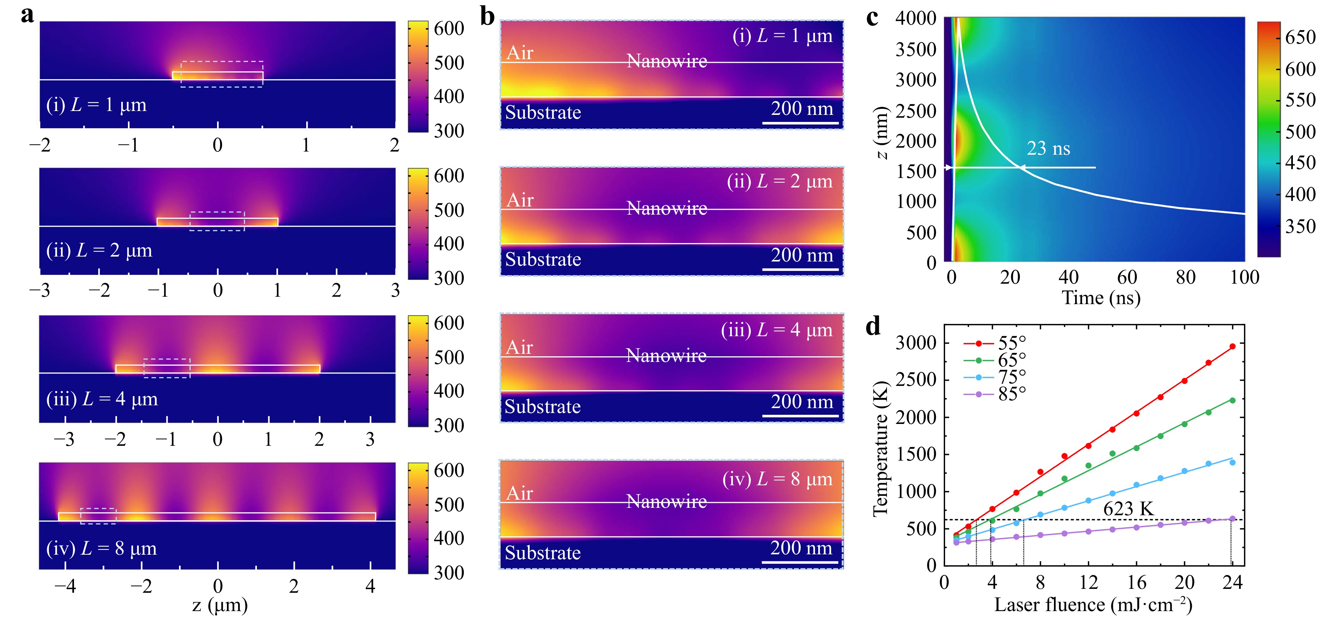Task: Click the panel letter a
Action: click(27, 16)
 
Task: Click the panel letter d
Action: click(873, 327)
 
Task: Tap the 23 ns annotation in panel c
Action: click(1048, 149)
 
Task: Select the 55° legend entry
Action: click(1011, 343)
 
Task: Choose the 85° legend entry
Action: click(1011, 394)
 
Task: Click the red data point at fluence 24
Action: click(1232, 346)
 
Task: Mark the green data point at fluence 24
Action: click(1232, 400)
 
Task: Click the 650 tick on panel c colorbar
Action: click(1300, 37)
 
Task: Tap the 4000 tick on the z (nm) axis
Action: click(916, 19)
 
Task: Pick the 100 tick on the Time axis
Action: click(1244, 278)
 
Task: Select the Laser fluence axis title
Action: click(1093, 604)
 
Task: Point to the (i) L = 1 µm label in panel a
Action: click(96, 105)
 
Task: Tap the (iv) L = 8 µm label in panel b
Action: click(777, 479)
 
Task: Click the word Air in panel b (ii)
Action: click(520, 200)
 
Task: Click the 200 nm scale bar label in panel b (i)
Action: click(802, 109)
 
